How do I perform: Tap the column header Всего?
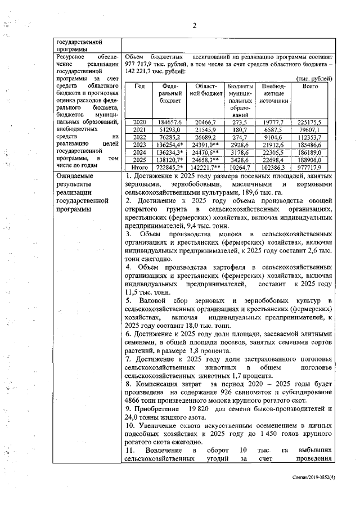tap(310, 86)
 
